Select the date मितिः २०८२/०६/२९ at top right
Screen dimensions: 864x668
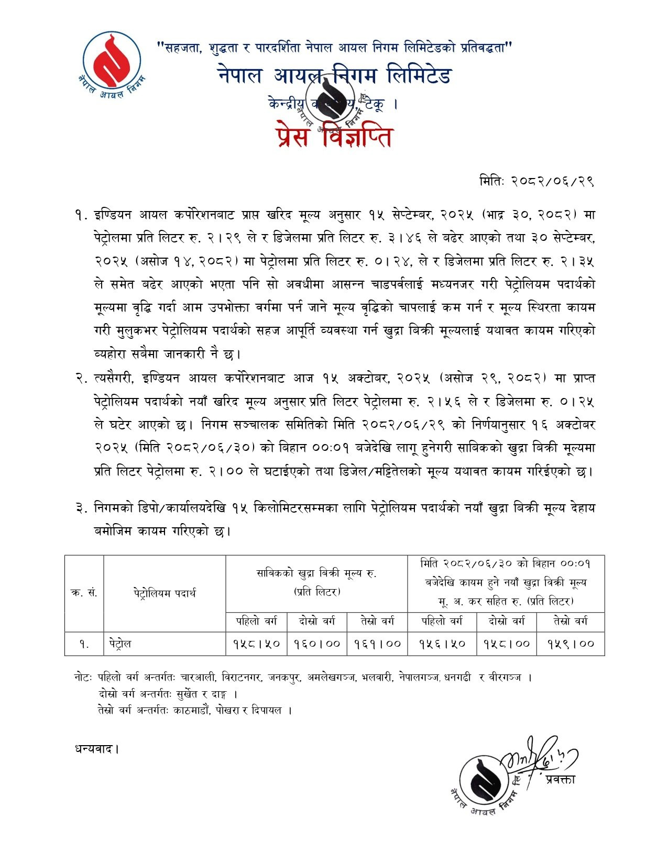pos(536,181)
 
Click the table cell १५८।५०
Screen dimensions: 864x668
pos(256,644)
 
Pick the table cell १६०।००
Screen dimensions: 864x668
pos(317,644)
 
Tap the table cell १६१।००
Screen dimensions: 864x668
pos(377,644)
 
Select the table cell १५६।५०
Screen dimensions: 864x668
pos(442,644)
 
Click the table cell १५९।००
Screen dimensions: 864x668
pos(571,644)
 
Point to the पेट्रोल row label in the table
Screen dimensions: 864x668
pos(121,644)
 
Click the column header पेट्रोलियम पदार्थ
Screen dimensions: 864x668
pos(165,593)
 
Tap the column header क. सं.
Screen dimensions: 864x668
pos(84,593)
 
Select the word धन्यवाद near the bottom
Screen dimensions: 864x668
pos(96,749)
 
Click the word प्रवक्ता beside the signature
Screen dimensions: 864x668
pos(560,779)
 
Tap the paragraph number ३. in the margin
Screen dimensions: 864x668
pos(81,508)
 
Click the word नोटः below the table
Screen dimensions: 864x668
pos(83,678)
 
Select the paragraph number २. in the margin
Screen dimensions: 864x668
pos(81,378)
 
